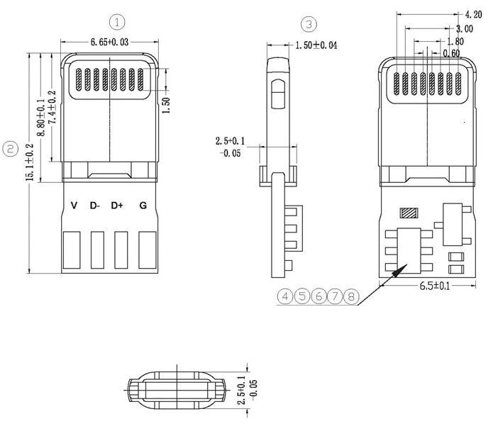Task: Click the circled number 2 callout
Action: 11,148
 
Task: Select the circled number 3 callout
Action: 309,24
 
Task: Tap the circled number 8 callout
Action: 351,296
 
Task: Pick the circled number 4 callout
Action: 286,296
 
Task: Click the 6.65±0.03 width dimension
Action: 109,43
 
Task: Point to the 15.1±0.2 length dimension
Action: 30,162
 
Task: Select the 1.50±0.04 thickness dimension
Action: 316,45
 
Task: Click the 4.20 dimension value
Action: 472,14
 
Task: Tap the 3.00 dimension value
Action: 465,29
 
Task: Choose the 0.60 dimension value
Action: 450,53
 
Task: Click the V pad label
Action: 74,206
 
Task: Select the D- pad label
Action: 95,206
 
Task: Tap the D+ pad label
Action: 117,206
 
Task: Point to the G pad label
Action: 143,206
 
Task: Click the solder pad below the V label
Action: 73,251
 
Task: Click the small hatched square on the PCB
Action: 407,213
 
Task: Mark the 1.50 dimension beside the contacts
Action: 167,100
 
